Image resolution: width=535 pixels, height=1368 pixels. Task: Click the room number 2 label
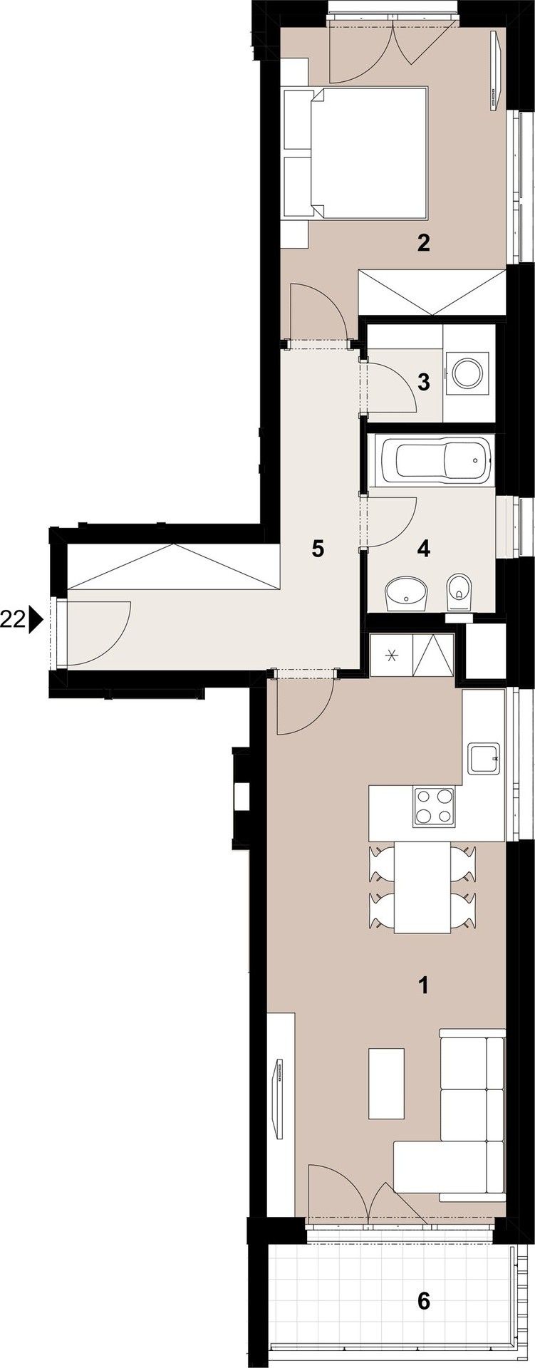click(424, 244)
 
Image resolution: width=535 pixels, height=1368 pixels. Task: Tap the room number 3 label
click(424, 383)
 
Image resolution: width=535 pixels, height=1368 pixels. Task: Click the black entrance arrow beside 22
click(36, 621)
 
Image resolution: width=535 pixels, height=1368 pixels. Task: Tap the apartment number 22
click(14, 621)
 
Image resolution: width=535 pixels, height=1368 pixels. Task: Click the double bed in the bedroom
click(356, 152)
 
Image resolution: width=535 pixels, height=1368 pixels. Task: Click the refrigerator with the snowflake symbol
click(390, 655)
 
